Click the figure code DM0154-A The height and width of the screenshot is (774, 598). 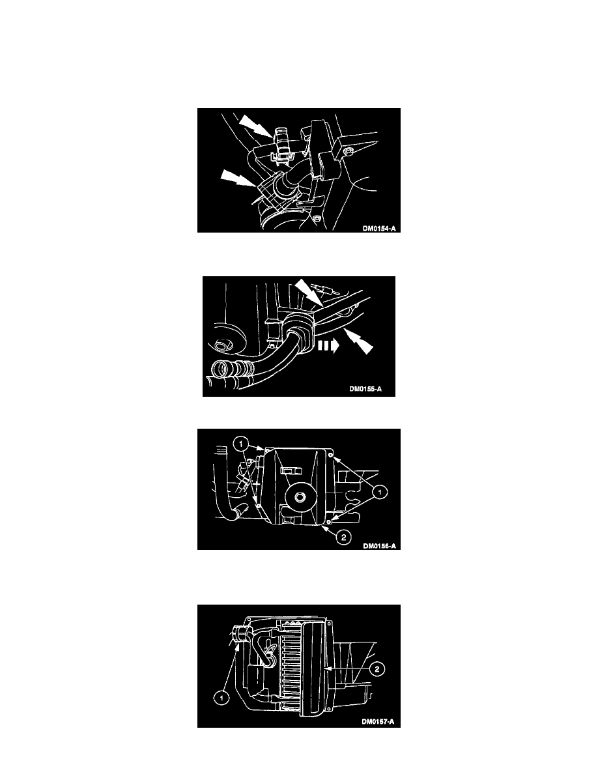point(379,229)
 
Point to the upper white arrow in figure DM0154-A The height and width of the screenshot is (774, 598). point(255,126)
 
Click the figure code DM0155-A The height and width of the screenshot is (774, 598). point(365,389)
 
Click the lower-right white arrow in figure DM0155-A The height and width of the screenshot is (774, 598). point(359,341)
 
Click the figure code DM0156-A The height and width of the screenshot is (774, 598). point(379,546)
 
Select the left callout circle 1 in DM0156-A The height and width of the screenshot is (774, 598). point(241,444)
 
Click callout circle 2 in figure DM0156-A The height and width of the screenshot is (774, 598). point(344,537)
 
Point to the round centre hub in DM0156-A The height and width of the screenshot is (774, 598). point(298,498)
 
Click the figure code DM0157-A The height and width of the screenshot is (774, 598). point(378,722)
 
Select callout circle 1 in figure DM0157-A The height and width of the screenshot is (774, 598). point(221,698)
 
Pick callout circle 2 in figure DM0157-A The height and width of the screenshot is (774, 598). point(377,669)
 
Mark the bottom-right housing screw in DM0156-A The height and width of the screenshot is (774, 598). point(329,521)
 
